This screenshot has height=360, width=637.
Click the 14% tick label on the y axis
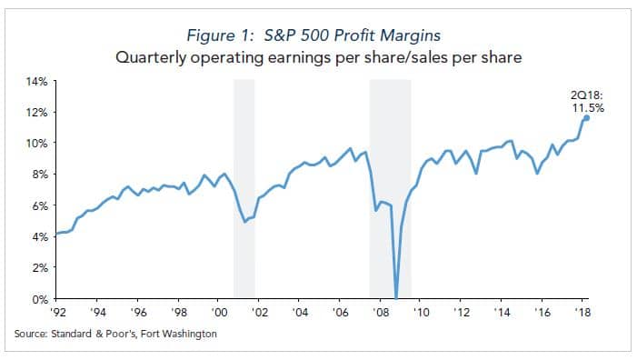click(36, 81)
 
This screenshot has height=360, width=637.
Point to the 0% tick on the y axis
click(39, 298)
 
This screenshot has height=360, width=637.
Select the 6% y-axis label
click(39, 205)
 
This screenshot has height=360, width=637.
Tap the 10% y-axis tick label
click(36, 144)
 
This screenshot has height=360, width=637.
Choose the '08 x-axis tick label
click(380, 312)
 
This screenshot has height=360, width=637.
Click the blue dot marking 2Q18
click(586, 117)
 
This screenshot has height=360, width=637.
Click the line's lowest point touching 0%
click(395, 296)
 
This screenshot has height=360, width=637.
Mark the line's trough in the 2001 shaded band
click(244, 221)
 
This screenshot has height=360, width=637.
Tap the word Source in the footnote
click(30, 334)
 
